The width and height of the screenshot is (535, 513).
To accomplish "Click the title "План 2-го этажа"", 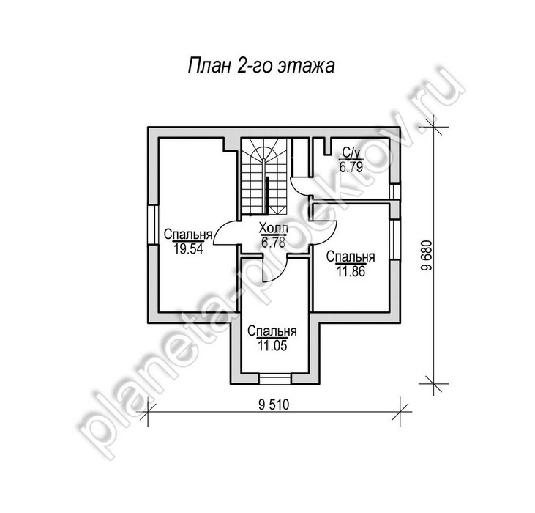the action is click(x=261, y=65).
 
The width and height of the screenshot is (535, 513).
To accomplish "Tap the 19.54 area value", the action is click(x=188, y=249).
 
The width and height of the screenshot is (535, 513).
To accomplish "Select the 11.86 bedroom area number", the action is click(x=351, y=271).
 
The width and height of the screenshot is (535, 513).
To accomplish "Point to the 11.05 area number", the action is click(x=272, y=346).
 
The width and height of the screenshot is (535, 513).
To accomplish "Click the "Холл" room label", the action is click(x=274, y=228).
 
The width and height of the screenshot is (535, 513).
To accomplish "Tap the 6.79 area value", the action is click(x=351, y=167).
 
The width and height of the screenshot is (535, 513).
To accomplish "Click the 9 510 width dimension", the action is click(x=274, y=405).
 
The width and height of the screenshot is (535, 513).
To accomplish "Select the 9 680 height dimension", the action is click(x=427, y=256).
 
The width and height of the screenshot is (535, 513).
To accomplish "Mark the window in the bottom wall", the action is click(x=274, y=379).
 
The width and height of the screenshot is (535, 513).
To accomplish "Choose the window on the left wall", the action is click(x=153, y=224).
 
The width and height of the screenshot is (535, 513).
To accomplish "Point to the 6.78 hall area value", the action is click(x=273, y=242).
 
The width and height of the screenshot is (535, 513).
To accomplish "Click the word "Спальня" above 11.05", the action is click(x=272, y=331).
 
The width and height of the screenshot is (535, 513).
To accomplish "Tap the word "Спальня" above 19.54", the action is click(x=188, y=235).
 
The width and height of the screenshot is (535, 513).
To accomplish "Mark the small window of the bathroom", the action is click(x=394, y=191).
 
